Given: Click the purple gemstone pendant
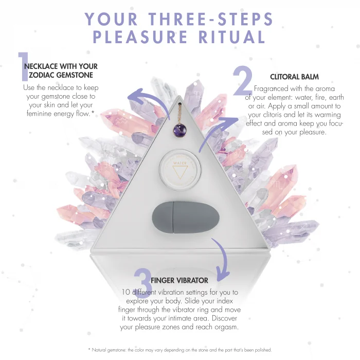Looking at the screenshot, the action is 179,131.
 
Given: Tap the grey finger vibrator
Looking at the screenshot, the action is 186,217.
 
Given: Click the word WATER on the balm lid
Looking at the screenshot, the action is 180,163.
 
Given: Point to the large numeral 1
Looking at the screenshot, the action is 23,66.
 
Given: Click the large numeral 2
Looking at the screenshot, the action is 243,81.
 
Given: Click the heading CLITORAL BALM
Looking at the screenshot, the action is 294,77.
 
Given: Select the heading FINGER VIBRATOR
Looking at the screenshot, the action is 179,280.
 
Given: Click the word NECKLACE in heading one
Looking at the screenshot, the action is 41,66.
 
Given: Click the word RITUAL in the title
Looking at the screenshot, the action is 232,37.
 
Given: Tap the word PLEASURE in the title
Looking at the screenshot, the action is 140,37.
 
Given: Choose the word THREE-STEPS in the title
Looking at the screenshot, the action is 210,19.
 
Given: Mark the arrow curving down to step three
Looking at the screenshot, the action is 222,257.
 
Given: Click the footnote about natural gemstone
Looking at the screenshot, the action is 180,350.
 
